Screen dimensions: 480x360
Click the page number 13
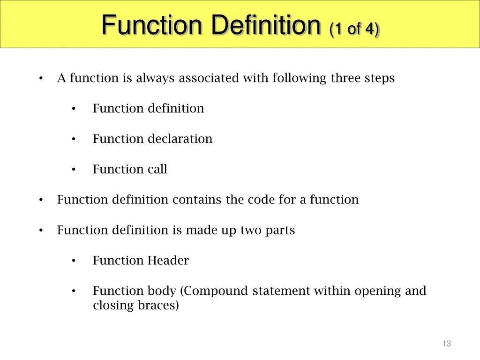coord(447,344)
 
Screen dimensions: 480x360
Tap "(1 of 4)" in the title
coord(354,29)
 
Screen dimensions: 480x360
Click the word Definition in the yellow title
coord(266,25)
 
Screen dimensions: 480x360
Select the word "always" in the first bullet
coord(155,78)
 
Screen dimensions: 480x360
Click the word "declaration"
coord(180,139)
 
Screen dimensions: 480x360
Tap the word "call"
coord(157,169)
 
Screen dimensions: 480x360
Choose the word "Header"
coord(168,260)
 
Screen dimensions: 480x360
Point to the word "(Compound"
coord(214,291)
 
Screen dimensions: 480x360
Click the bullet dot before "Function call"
coord(74,169)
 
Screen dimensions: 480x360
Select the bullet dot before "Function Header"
coord(74,261)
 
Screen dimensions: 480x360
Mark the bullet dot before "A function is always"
coord(41,78)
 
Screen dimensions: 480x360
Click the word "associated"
coord(209,78)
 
